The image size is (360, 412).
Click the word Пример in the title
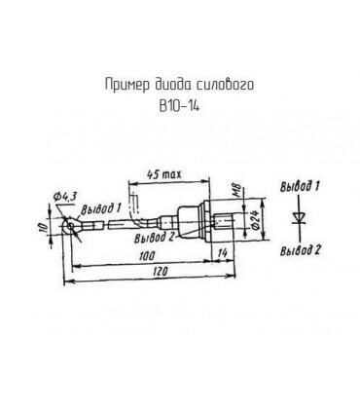pos(127,85)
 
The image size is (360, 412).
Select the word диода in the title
pos(172,85)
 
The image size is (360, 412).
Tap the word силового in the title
pos(225,85)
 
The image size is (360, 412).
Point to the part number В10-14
pos(179,106)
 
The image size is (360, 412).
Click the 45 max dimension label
pos(164,174)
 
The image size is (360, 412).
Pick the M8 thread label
pos(237,189)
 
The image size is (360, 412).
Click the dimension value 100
pos(147,256)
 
